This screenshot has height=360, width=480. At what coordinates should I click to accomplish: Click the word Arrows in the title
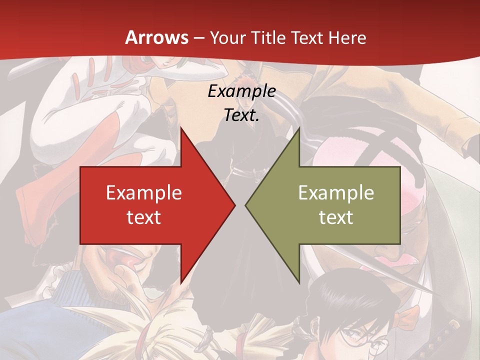[x=157, y=38]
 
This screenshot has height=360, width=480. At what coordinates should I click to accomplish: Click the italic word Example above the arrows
[x=241, y=91]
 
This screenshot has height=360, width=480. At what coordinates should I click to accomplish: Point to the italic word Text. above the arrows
[x=241, y=115]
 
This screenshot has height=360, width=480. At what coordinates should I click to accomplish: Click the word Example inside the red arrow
[x=143, y=193]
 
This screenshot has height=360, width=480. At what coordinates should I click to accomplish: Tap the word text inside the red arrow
[x=143, y=217]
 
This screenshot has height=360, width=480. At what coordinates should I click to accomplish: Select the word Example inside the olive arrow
[x=336, y=193]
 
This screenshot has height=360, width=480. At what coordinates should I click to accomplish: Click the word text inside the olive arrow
[x=336, y=217]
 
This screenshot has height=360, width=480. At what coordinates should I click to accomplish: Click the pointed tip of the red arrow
[x=235, y=205]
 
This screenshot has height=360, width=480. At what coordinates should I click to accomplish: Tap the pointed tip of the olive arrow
[x=245, y=205]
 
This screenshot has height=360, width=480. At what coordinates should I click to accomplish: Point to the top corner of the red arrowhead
[x=180, y=127]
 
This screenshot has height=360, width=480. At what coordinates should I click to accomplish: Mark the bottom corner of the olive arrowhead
[x=299, y=283]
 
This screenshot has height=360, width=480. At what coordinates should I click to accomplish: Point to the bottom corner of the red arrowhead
[x=180, y=283]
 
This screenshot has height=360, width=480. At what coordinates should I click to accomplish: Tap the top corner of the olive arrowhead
[x=299, y=127]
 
